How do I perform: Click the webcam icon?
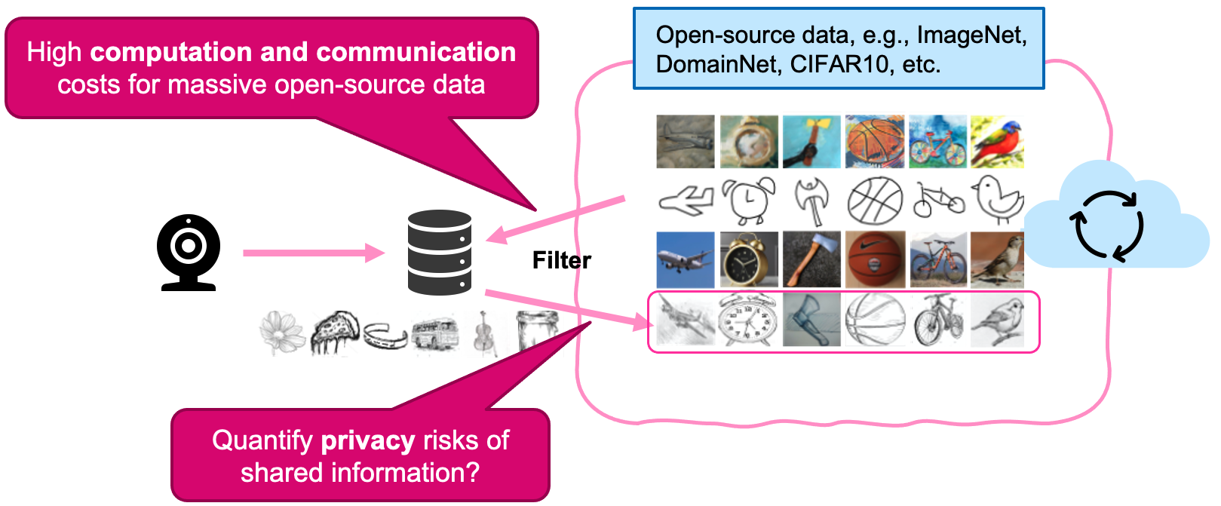[x=189, y=252]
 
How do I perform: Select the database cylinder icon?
[x=440, y=252]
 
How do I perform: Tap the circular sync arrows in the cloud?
[x=1107, y=225]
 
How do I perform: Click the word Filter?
[x=561, y=261]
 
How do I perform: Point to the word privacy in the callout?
[x=368, y=440]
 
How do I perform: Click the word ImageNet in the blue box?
[x=971, y=35]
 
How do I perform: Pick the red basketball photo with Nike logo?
[x=875, y=259]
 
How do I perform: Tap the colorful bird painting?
[x=997, y=142]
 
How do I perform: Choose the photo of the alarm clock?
[x=749, y=259]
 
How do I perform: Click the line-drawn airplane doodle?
[x=686, y=201]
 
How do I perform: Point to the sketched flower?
[x=282, y=333]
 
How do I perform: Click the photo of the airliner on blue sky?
[x=686, y=259]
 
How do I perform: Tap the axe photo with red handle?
[x=811, y=259]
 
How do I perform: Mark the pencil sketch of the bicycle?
[x=937, y=320]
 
